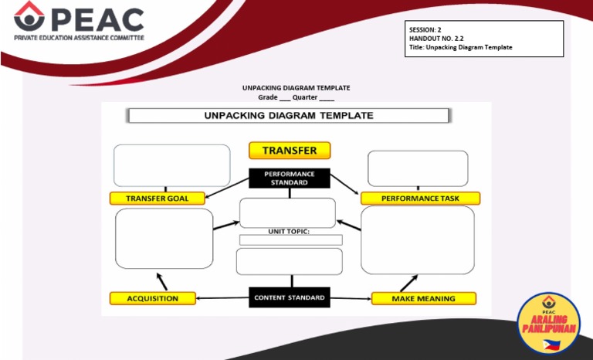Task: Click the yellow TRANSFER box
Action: pyautogui.click(x=290, y=150)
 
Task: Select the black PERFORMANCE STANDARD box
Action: pyautogui.click(x=290, y=178)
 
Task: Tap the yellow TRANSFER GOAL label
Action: pyautogui.click(x=158, y=199)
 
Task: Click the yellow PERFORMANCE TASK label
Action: pyautogui.click(x=420, y=199)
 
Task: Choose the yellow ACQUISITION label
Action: pyautogui.click(x=153, y=298)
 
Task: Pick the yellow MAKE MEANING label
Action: pyautogui.click(x=423, y=298)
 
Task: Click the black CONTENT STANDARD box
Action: pyautogui.click(x=290, y=297)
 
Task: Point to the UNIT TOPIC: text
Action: pyautogui.click(x=289, y=231)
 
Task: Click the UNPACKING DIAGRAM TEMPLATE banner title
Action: pyautogui.click(x=288, y=115)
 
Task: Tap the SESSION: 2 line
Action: pyautogui.click(x=425, y=29)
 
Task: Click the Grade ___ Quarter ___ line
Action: pyautogui.click(x=296, y=97)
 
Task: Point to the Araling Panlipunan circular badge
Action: pyautogui.click(x=548, y=324)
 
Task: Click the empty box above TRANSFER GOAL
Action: pyautogui.click(x=171, y=165)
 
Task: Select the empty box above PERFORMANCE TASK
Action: pyautogui.click(x=418, y=168)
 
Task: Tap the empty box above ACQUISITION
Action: pyautogui.click(x=164, y=239)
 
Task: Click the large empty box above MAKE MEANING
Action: pyautogui.click(x=418, y=239)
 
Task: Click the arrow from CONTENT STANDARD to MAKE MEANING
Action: pyautogui.click(x=351, y=298)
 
